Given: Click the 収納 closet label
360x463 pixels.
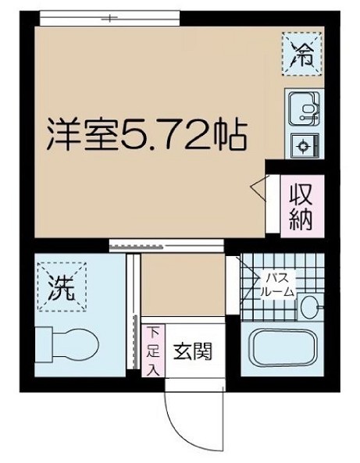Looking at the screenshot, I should coord(301,204).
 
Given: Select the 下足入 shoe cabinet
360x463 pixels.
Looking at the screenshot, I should coord(154,349).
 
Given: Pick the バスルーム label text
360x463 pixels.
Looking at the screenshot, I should coord(280,284).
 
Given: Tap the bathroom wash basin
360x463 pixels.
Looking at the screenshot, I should coord(311,307).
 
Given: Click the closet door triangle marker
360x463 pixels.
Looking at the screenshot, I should coord(258,187).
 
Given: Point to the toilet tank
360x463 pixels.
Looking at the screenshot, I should coord(44,344).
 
